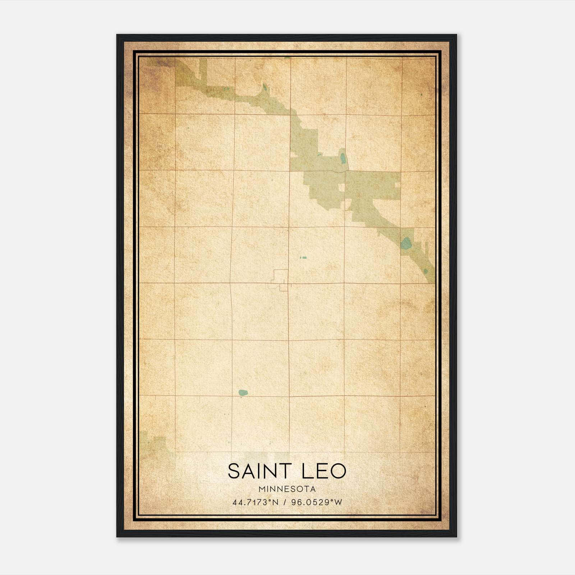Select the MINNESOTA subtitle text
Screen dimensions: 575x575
coord(287,489)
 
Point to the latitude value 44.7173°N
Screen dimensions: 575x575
coord(256,502)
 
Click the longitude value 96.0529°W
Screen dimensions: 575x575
coord(317,502)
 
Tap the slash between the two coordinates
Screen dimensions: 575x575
coord(285,502)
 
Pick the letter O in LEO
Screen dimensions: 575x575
coord(338,471)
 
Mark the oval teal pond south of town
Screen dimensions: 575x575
coord(243,392)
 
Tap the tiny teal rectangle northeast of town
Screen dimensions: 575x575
coord(303,258)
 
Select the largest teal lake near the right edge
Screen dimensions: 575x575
coord(406,243)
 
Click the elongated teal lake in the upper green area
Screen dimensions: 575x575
coord(343,158)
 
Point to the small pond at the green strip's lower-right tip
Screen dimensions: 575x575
coord(426,271)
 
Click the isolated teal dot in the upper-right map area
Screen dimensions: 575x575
coord(421,95)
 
